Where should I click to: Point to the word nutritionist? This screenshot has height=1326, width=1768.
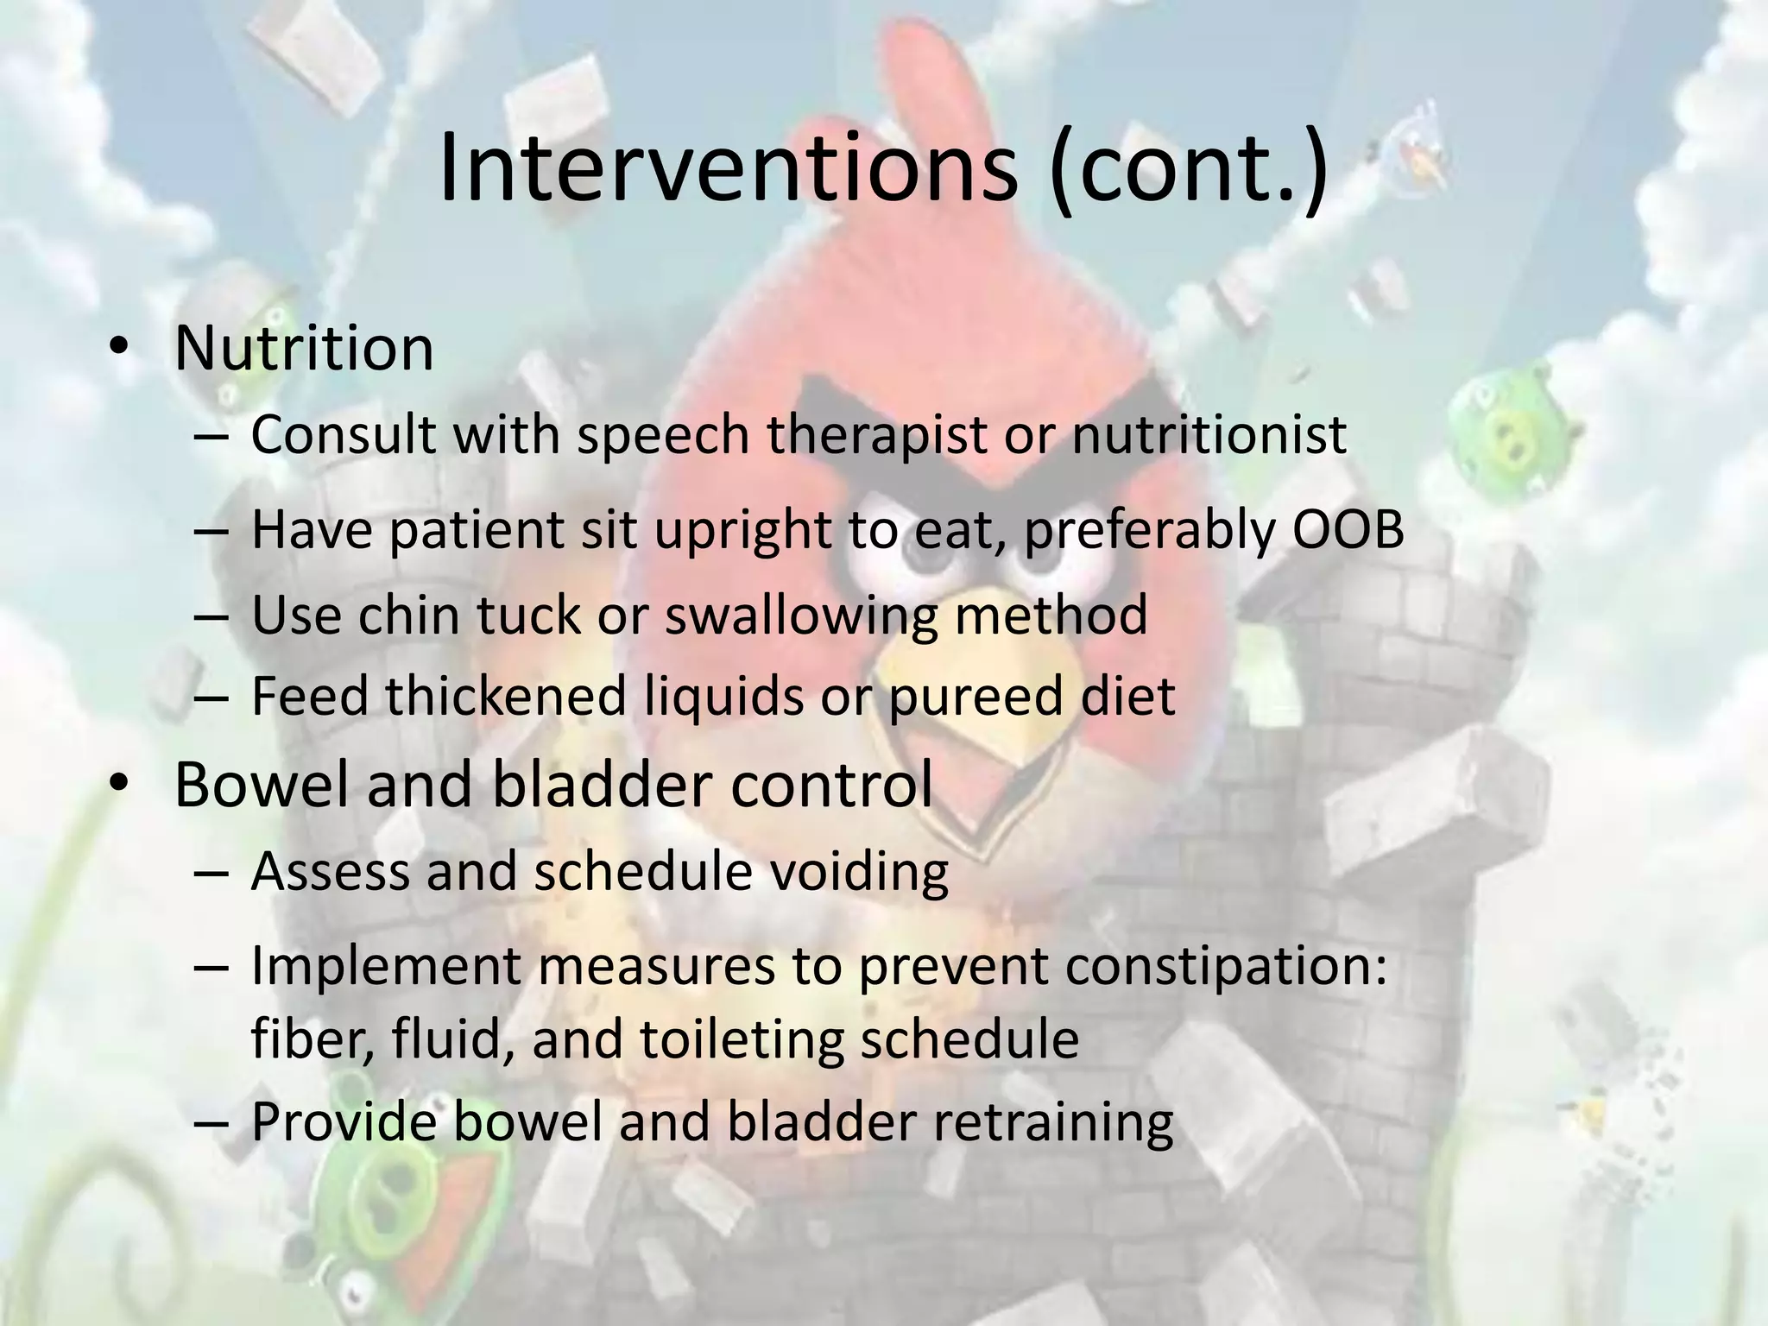pos(1209,434)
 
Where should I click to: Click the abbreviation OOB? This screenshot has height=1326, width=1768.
pos(1348,529)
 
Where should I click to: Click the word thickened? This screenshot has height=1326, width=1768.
pos(505,696)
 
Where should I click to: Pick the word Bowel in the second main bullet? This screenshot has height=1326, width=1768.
pos(256,784)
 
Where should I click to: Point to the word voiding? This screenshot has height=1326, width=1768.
pos(858,871)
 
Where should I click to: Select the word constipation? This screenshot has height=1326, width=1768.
pos(1226,966)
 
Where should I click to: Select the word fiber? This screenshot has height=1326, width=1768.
pos(312,1039)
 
